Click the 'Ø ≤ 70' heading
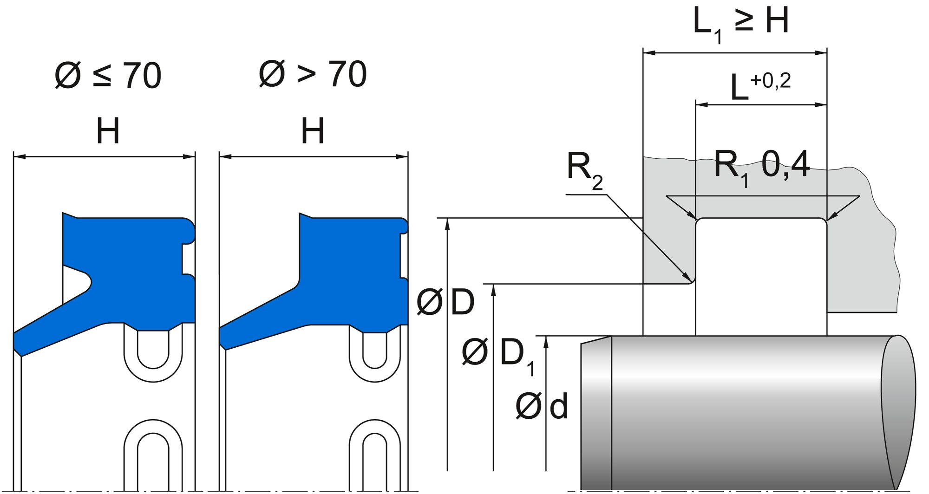pyautogui.click(x=108, y=75)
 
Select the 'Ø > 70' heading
pyautogui.click(x=313, y=74)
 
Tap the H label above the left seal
pyautogui.click(x=108, y=131)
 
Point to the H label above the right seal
pyautogui.click(x=313, y=131)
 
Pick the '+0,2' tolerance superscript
pyautogui.click(x=770, y=81)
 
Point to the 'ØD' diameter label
pyautogui.click(x=445, y=302)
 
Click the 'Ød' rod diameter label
pyautogui.click(x=542, y=407)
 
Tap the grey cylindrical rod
pyautogui.click(x=743, y=409)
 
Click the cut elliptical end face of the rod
pyautogui.click(x=899, y=409)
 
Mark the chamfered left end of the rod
pyautogui.click(x=596, y=409)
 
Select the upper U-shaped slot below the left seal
pyautogui.click(x=153, y=353)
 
